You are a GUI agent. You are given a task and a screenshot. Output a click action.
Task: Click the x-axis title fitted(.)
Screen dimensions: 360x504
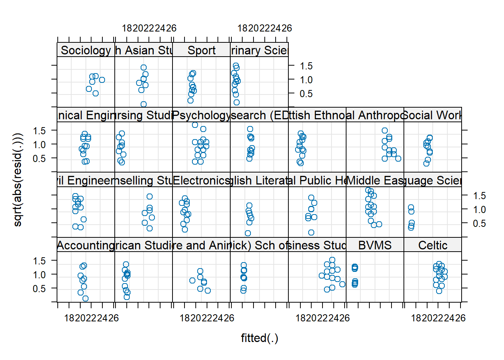[259, 338]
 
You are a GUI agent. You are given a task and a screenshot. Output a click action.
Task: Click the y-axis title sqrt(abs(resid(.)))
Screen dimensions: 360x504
[18, 180]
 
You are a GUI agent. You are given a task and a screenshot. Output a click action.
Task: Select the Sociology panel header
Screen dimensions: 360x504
[86, 50]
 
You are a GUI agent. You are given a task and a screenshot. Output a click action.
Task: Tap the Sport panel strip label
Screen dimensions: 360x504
[201, 50]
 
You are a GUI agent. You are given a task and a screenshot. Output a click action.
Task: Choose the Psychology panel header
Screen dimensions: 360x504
[201, 115]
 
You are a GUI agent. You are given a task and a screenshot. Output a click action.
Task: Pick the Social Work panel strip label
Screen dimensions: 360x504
[432, 115]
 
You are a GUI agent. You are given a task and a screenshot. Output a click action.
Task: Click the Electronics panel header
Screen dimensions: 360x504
[201, 180]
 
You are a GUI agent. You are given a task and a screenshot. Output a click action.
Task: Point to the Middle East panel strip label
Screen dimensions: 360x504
[375, 180]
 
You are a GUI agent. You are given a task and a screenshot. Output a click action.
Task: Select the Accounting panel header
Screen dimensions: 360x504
[86, 246]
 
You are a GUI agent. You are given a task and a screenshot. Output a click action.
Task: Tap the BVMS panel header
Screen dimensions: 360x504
[375, 246]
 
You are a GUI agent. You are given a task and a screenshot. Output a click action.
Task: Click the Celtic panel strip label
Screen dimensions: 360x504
[432, 246]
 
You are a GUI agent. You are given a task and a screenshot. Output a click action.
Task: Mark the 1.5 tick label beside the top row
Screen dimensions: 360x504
[306, 66]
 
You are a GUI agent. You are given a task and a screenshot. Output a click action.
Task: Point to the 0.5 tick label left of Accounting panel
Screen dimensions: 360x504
[39, 288]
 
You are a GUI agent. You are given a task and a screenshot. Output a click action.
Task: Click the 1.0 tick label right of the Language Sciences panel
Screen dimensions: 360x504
[479, 210]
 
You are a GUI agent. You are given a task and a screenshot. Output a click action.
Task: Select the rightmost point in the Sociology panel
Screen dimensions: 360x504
[102, 80]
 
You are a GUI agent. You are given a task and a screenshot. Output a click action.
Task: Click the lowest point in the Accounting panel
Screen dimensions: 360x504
[85, 298]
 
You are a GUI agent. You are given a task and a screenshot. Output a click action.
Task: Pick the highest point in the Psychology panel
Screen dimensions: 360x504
[195, 125]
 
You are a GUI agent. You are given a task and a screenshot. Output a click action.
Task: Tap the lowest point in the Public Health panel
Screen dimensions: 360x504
[311, 232]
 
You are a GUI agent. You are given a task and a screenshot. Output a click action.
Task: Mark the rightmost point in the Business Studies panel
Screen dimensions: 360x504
[342, 284]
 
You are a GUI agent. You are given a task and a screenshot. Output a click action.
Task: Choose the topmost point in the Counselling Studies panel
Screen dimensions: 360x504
[150, 196]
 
